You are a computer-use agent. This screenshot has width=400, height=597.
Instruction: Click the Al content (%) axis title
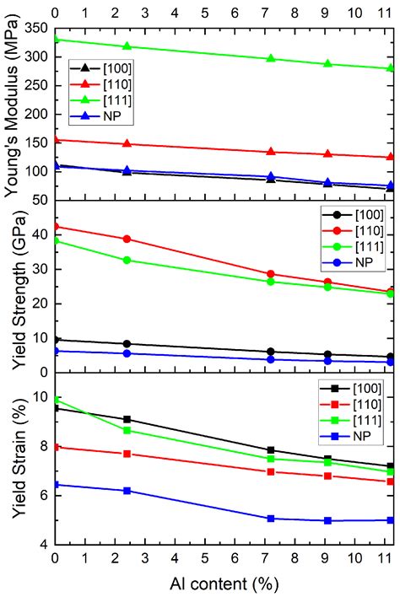224,583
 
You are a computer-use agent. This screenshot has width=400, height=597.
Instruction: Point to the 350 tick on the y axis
38,29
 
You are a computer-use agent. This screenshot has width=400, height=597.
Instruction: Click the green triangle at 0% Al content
56,39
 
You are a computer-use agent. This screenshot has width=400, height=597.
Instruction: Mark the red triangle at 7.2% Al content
271,152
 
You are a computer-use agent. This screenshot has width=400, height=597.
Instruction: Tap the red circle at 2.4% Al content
127,239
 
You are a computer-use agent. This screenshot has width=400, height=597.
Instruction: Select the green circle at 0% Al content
56,240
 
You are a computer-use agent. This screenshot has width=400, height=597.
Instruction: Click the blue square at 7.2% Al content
271,519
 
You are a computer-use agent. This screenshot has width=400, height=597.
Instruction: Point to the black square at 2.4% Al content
127,419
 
